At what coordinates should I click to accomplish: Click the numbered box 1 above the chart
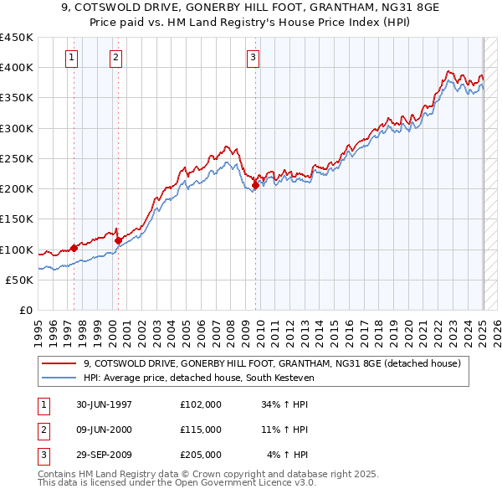(x=72, y=58)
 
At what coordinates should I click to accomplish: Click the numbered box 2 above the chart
(x=115, y=58)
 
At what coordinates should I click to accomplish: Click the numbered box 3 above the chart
(x=253, y=58)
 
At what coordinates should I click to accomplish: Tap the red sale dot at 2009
(x=255, y=185)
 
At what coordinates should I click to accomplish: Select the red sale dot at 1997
(x=74, y=248)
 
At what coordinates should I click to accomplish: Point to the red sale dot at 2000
(x=118, y=240)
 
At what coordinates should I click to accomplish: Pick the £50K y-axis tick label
(x=19, y=280)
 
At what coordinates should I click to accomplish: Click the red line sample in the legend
(x=59, y=363)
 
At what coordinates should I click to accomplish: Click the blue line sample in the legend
(x=59, y=378)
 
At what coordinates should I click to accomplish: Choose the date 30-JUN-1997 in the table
(x=104, y=404)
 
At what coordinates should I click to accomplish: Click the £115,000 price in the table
(x=201, y=430)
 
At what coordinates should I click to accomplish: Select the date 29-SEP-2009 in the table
(x=104, y=455)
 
